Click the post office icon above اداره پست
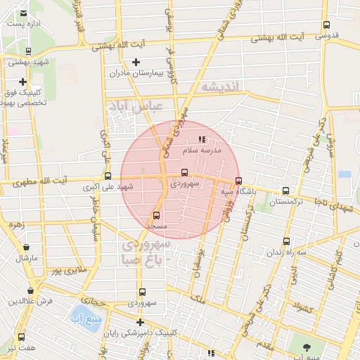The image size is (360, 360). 23,13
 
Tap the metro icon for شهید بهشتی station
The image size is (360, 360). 28,51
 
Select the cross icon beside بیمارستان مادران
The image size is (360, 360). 136,62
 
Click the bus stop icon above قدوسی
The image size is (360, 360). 326,25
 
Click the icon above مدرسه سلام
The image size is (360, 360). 202,140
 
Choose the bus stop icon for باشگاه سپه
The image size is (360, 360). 238,180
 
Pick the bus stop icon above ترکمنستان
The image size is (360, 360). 285,191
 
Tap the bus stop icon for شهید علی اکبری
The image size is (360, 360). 108,176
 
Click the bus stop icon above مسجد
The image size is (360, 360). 156,215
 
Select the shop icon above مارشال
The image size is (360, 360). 27,247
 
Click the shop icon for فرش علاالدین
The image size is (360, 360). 30,290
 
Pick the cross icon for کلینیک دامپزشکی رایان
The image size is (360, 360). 140,322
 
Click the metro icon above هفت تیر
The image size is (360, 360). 21,337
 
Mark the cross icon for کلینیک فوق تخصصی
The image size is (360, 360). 23,82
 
